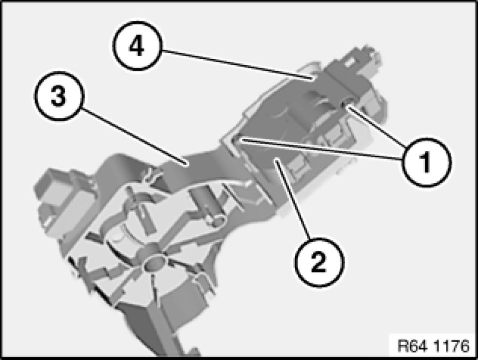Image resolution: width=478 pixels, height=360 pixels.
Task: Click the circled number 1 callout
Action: tap(427, 162)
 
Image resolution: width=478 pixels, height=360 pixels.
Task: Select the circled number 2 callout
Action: tap(318, 262)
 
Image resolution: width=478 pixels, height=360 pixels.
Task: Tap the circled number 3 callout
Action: tap(58, 96)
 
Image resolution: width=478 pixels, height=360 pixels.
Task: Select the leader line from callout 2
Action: tap(292, 199)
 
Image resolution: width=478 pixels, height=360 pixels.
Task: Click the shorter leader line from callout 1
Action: tap(377, 127)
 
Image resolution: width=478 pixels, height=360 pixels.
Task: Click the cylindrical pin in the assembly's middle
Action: tap(207, 206)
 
